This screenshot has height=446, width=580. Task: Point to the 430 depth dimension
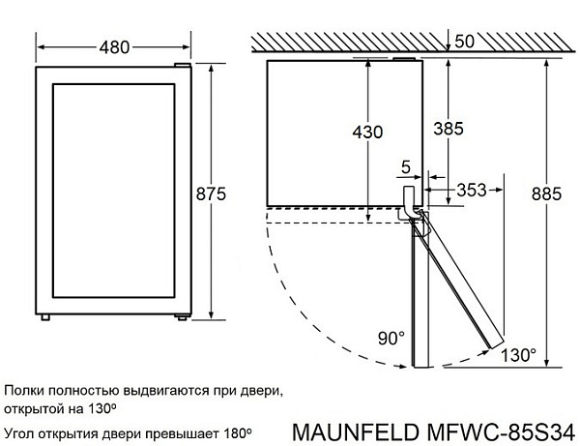click(x=368, y=131)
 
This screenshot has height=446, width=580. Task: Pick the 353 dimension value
click(x=472, y=189)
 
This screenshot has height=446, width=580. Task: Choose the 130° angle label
click(x=519, y=355)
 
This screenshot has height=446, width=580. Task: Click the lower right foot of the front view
click(x=181, y=319)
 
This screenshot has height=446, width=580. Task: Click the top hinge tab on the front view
click(x=180, y=63)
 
